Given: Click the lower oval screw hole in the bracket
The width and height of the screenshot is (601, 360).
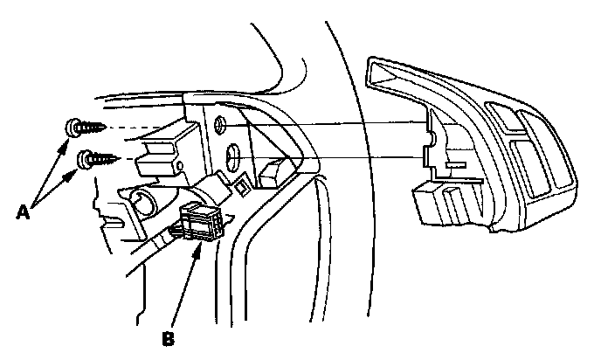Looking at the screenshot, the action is pyautogui.click(x=233, y=158).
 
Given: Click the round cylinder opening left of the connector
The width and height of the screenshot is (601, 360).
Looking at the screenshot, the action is pyautogui.click(x=142, y=206).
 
